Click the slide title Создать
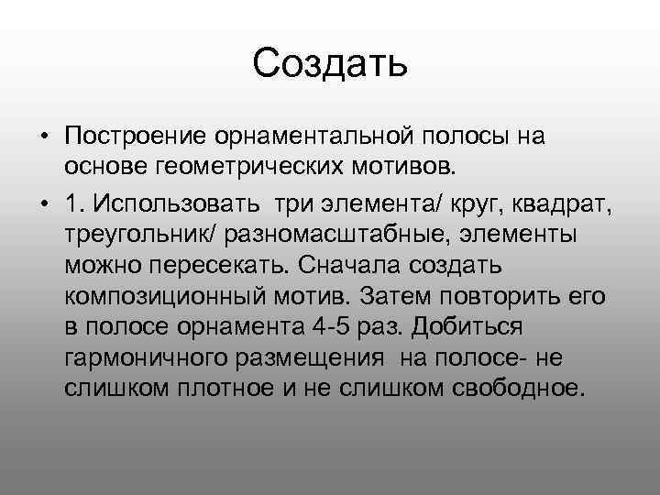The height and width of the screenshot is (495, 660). coord(329,63)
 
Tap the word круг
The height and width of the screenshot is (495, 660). coord(442,201)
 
